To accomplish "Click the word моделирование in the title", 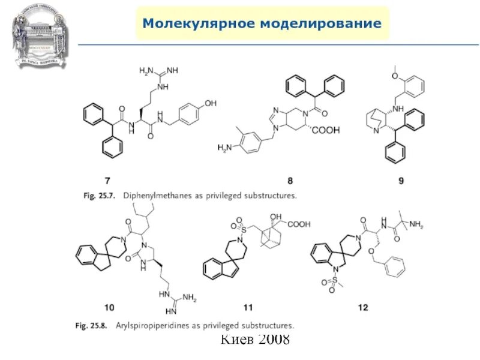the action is point(319,24).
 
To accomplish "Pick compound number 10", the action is point(109,308).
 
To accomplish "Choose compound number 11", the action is point(248,308).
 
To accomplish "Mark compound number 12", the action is point(363,308).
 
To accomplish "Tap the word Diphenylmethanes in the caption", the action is point(157,196).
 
